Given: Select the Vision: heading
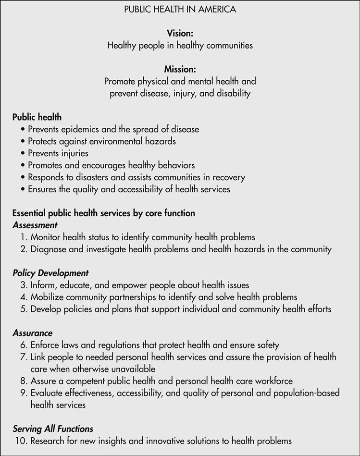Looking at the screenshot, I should point(180,33).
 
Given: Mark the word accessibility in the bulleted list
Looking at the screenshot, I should point(140,189).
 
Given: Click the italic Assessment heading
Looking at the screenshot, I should point(35,225).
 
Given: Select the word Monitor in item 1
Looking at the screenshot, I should point(47,237).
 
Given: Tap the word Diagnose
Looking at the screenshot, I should point(49,249).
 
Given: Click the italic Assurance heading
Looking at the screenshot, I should point(33,333).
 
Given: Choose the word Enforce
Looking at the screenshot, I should point(46,345).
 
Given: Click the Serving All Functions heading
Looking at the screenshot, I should point(53,429).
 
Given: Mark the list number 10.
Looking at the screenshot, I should point(22,441).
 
